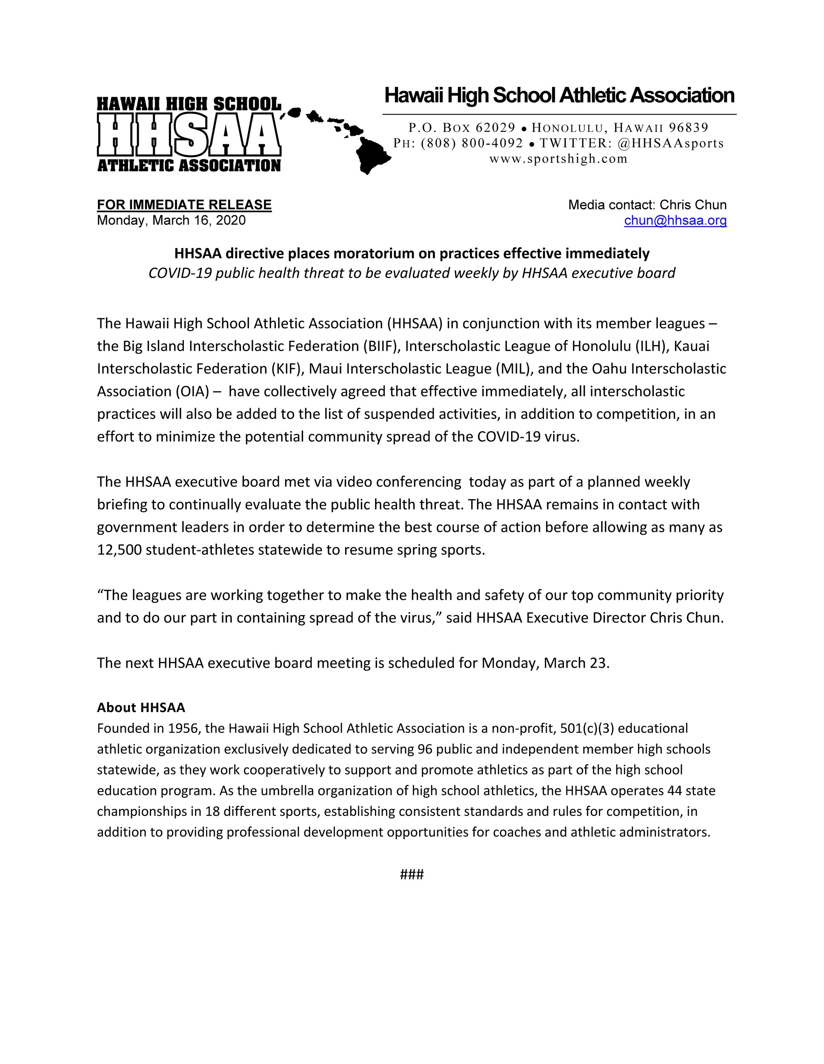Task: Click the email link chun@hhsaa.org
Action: (x=675, y=221)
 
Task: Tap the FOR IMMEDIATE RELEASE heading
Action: (x=184, y=205)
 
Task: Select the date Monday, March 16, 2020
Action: (x=171, y=221)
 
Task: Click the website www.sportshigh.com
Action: (x=558, y=159)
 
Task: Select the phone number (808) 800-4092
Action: (x=472, y=143)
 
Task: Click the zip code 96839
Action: (x=689, y=128)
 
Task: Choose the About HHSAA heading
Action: (x=141, y=707)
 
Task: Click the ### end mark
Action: (x=412, y=875)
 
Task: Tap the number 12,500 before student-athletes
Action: (x=119, y=549)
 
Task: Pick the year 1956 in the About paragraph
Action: (x=184, y=728)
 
